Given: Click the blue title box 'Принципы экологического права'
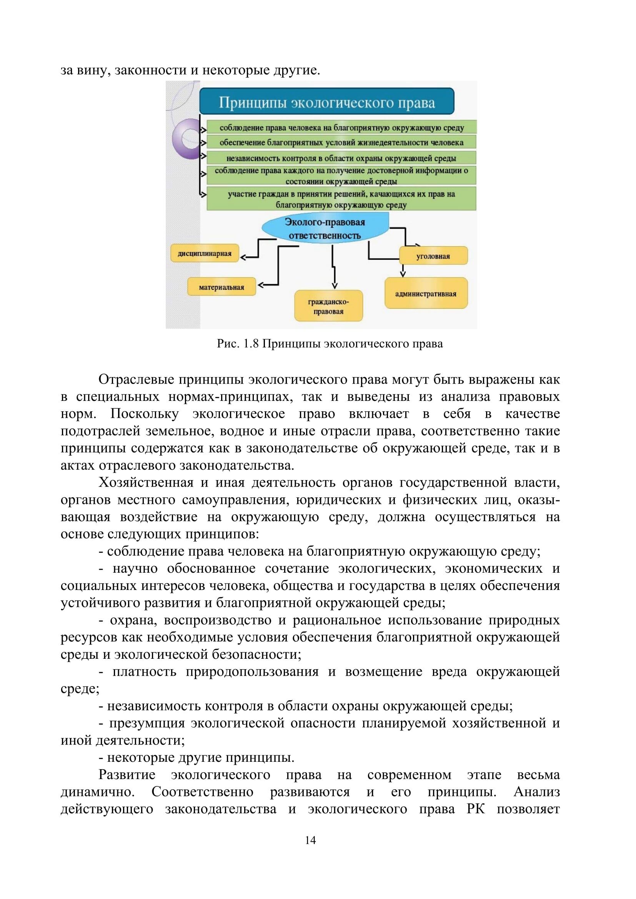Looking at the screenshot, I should tap(326, 102).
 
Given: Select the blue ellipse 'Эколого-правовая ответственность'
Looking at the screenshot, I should tap(325, 229).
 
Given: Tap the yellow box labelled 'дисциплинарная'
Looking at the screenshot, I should tap(205, 253).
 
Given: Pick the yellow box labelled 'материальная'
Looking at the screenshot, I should tap(221, 287).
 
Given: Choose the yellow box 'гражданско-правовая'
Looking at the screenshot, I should tap(328, 306).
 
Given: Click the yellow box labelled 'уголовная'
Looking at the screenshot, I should tap(433, 256).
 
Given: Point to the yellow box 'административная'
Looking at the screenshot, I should tap(426, 294).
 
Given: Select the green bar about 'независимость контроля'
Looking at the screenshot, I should tap(341, 158).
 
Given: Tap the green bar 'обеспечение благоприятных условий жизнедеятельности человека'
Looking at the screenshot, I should tap(341, 142).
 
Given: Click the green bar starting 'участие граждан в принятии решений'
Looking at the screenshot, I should tap(341, 199).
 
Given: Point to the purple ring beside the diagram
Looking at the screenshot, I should tap(186, 139).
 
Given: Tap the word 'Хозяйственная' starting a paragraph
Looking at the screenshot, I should tap(146, 482).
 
